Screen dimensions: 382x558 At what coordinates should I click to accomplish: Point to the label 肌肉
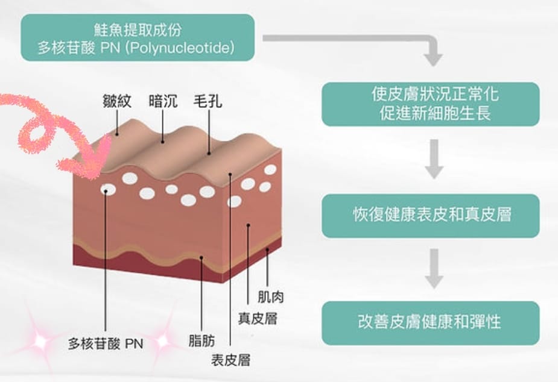click(x=270, y=296)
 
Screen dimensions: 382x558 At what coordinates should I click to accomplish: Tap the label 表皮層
click(x=230, y=360)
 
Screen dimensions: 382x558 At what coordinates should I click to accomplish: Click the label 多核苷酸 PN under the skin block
click(x=105, y=344)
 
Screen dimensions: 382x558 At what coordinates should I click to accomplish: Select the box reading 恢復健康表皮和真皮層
click(x=430, y=215)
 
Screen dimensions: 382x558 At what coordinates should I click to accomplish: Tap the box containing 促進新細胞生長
click(x=430, y=104)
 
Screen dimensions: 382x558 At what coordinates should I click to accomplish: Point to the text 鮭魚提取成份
click(x=138, y=30)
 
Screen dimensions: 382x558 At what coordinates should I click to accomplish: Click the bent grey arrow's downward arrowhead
click(x=433, y=59)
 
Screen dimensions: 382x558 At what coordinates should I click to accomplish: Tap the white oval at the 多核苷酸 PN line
click(x=108, y=190)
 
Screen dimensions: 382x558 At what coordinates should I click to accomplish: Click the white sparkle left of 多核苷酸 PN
click(x=40, y=342)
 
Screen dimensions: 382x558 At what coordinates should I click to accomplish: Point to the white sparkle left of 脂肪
click(x=162, y=341)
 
